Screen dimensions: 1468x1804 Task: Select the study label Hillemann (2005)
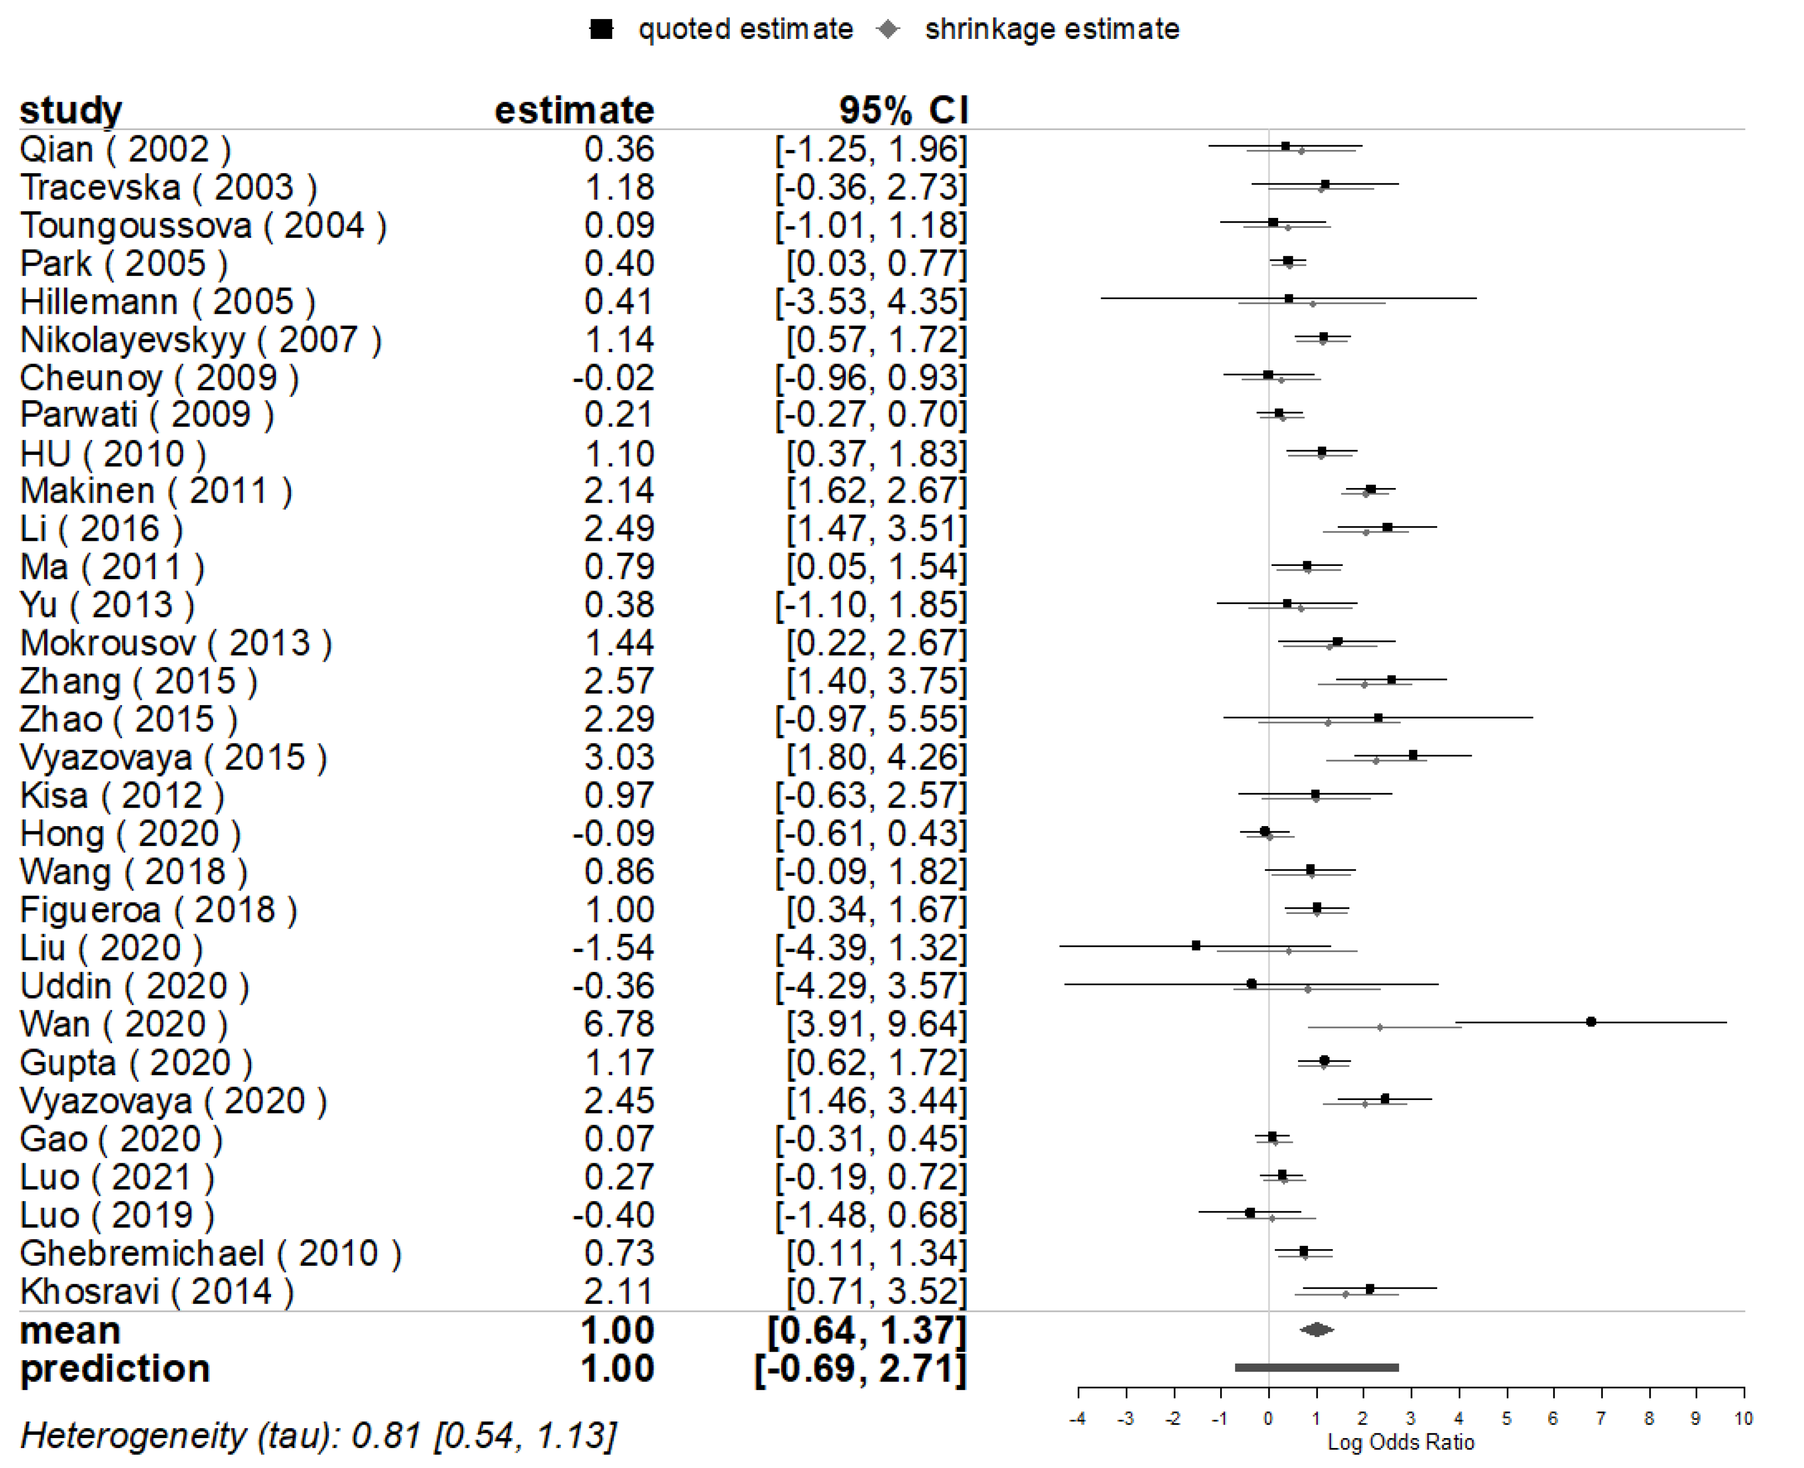point(168,302)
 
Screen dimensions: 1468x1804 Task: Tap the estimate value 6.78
point(619,1024)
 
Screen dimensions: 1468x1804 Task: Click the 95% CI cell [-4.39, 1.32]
point(871,948)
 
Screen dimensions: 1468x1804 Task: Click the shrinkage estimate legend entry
point(1051,29)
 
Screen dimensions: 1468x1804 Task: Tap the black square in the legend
point(601,29)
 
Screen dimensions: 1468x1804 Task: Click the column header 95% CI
point(903,110)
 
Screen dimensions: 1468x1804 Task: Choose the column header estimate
point(574,110)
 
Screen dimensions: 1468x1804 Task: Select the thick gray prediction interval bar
point(1316,1367)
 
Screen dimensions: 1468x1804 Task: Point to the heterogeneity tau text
point(318,1435)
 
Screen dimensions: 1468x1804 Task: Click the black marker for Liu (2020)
point(1196,945)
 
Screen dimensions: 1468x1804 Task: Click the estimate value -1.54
point(613,948)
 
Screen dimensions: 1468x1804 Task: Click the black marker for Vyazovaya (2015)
point(1412,755)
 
